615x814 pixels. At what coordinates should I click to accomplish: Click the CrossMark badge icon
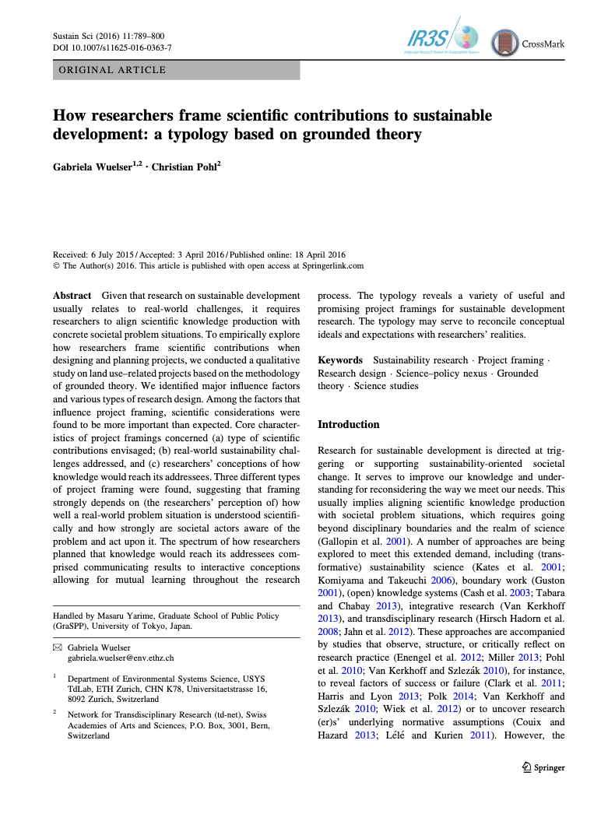(505, 44)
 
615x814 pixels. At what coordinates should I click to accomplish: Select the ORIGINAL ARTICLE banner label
(111, 70)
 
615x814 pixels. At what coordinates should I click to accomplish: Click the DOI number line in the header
(112, 47)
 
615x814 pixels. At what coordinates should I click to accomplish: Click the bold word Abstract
(72, 296)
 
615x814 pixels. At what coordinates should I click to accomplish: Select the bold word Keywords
(340, 360)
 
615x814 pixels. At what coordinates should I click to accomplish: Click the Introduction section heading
(349, 424)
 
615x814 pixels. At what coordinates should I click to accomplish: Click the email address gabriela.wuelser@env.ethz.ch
(120, 658)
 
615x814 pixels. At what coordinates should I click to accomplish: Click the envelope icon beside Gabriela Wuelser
(56, 647)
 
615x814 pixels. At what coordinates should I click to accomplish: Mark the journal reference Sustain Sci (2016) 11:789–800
(108, 36)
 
